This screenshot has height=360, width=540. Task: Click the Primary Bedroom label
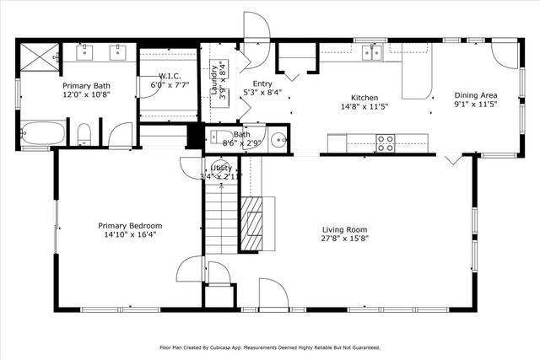point(129,226)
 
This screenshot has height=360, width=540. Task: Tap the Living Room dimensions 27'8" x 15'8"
point(345,239)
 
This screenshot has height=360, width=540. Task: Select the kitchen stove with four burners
point(385,143)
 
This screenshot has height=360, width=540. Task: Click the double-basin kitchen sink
point(371,53)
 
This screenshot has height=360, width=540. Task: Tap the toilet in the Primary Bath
point(84,134)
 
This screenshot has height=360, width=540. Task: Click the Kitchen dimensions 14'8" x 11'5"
point(364,107)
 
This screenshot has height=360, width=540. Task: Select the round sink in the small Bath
point(278,139)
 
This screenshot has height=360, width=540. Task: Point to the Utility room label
point(221,168)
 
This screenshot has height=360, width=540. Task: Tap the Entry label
point(262,84)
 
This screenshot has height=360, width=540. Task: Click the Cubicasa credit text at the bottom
point(269,347)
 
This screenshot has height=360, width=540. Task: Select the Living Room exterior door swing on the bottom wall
point(273,294)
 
